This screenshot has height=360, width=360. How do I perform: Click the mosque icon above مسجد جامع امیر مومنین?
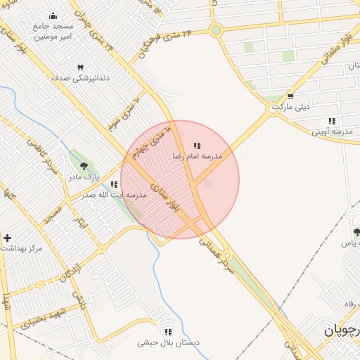click(53, 16)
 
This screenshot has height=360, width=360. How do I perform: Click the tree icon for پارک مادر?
click(84, 167)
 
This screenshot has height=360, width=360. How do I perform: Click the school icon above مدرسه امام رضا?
click(197, 146)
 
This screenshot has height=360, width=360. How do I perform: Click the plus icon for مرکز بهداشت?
click(7, 238)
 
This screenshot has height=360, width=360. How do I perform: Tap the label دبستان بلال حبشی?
click(169, 342)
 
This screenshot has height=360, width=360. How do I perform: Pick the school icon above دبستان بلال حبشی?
click(168, 332)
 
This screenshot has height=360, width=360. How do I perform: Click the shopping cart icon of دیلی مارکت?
click(290, 96)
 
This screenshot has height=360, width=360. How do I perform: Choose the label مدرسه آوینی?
click(332, 131)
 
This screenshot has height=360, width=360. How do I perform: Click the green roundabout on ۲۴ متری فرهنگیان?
click(215, 30)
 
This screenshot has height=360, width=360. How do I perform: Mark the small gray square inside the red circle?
click(207, 184)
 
